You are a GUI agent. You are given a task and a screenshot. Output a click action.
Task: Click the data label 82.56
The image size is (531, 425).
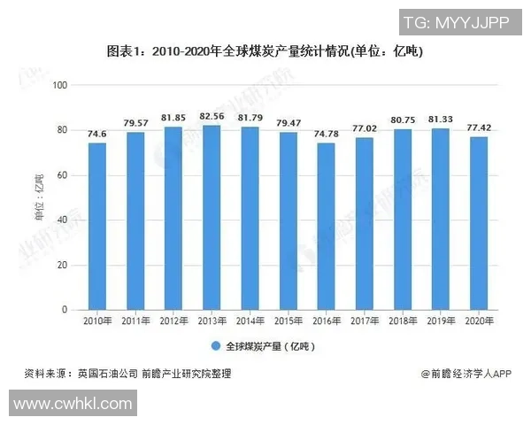[x=212, y=116]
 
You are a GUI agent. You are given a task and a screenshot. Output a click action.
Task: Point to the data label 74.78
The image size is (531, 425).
[x=326, y=134]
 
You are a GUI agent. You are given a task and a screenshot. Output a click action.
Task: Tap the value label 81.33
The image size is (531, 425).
[x=440, y=119]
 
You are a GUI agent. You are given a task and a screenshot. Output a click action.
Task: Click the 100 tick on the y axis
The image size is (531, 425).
[x=60, y=85]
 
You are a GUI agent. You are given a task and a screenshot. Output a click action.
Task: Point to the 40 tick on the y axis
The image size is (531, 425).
[x=63, y=220]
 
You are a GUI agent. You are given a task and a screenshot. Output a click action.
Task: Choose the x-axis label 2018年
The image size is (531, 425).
[x=402, y=321]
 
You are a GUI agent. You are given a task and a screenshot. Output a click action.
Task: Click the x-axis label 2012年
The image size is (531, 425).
[x=173, y=321]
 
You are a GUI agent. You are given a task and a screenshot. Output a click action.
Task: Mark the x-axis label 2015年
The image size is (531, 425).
[x=288, y=321]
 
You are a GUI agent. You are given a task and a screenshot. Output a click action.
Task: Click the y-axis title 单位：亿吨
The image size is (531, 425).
[x=40, y=197]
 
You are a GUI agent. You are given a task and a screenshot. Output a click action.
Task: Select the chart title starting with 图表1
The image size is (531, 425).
[x=265, y=51]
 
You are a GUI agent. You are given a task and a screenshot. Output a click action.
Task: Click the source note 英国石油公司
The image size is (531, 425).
[x=107, y=374]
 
